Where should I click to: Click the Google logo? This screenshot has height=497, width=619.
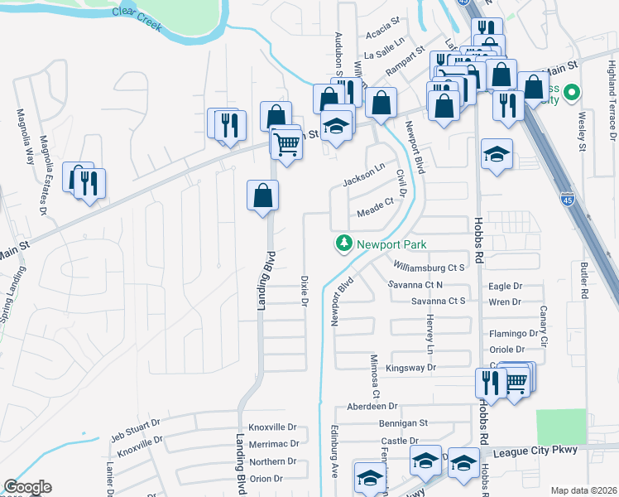[x=27, y=488]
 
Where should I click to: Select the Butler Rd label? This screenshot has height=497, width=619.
[x=583, y=281]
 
